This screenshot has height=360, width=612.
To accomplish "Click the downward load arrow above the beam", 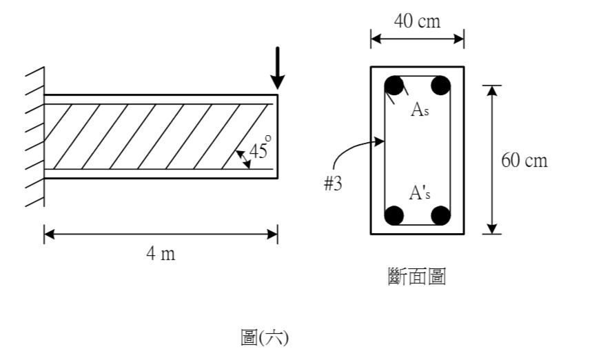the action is coord(278,69).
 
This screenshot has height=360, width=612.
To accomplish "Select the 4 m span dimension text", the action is coord(161,254).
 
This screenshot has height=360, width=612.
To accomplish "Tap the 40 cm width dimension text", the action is coord(417,21).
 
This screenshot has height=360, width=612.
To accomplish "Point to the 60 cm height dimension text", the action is coord(524,161).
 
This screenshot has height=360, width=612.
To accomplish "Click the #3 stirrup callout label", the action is coord(333,183).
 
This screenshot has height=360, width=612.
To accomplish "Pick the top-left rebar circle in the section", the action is coord(394,86).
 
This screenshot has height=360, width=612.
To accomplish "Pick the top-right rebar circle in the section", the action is coord(440,86).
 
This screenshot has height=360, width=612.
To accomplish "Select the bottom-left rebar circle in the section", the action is coord(394,216).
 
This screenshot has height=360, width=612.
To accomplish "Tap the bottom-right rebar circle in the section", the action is coord(440,216).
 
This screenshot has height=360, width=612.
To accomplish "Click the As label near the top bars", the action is coord(420,110).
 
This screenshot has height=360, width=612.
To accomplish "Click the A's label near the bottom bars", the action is coord(420,192).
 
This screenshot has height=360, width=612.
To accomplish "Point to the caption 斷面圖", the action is coord(417,277).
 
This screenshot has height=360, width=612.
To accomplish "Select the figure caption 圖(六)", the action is coord(265,337).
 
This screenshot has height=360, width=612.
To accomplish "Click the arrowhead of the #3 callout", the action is coord(379,141).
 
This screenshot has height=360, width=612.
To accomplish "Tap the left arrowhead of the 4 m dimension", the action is coord(49,234).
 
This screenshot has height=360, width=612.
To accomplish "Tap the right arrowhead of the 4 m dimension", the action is coord(272,234).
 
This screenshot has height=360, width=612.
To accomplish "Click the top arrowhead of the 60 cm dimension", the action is coord(492,90).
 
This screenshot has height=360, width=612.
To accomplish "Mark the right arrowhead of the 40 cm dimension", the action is coord(459,39).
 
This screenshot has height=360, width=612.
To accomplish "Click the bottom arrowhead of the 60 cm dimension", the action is coord(492,229).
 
